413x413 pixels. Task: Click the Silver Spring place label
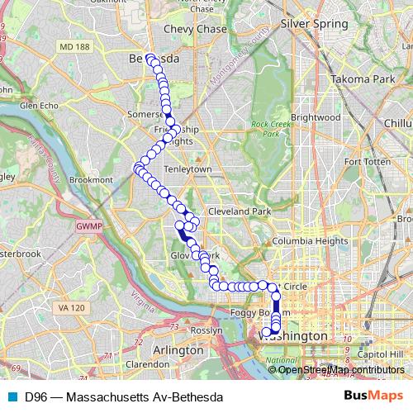tap(314, 24)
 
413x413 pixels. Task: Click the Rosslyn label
tap(206, 330)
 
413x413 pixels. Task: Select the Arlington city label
tap(178, 350)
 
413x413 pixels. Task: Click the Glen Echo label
tap(39, 106)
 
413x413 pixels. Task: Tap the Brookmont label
tap(91, 178)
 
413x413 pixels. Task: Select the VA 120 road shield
tap(72, 308)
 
